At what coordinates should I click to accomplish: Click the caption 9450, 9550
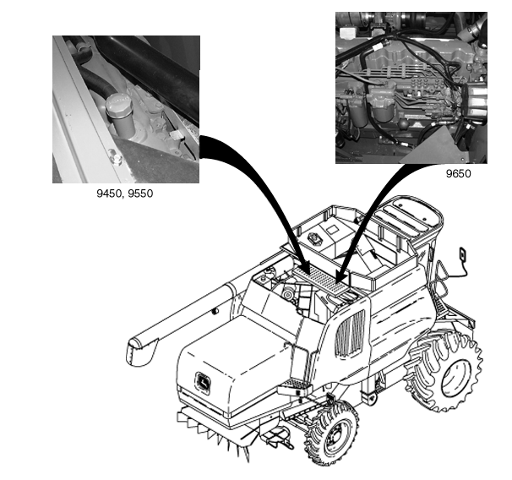(x=125, y=194)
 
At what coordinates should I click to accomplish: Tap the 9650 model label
(x=459, y=174)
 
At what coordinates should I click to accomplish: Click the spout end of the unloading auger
(x=140, y=351)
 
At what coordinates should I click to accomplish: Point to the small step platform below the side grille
(x=295, y=387)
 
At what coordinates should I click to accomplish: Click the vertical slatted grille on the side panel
(x=350, y=334)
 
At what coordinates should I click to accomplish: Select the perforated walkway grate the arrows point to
(x=320, y=278)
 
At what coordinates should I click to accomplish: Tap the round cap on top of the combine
(x=315, y=237)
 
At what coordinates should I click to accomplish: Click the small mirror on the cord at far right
(x=463, y=254)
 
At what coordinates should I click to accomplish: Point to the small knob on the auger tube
(x=215, y=311)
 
